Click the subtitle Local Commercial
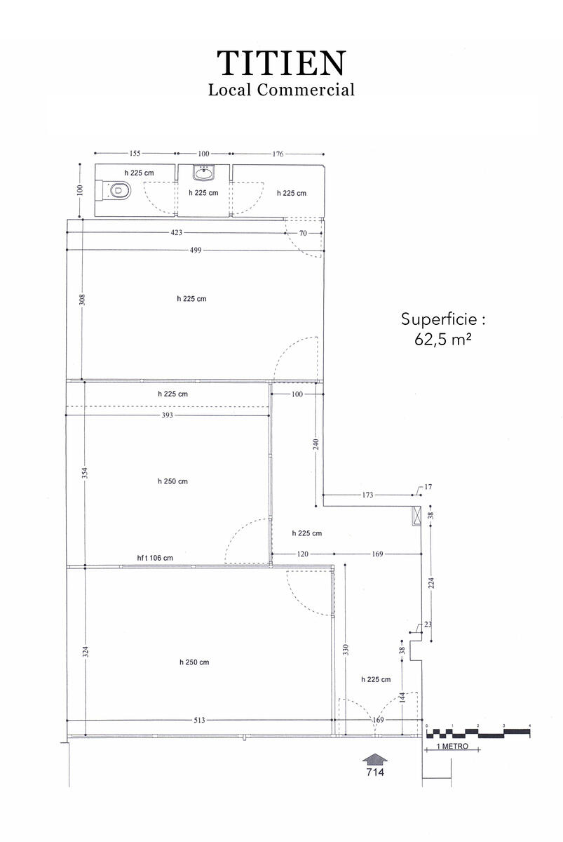pyautogui.click(x=281, y=90)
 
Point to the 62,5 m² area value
pyautogui.click(x=443, y=340)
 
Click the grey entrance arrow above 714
pyautogui.click(x=375, y=760)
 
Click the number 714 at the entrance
pyautogui.click(x=375, y=772)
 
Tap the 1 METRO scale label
pyautogui.click(x=452, y=746)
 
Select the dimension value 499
pyautogui.click(x=196, y=250)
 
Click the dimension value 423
pyautogui.click(x=176, y=233)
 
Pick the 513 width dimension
pyautogui.click(x=199, y=720)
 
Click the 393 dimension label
pyautogui.click(x=167, y=415)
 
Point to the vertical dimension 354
pyautogui.click(x=86, y=472)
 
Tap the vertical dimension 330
pyautogui.click(x=346, y=650)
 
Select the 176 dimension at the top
pyautogui.click(x=278, y=154)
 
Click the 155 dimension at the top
pyautogui.click(x=135, y=154)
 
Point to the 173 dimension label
pyautogui.click(x=367, y=495)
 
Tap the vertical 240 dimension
pyautogui.click(x=316, y=444)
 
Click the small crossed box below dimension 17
pyautogui.click(x=416, y=516)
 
